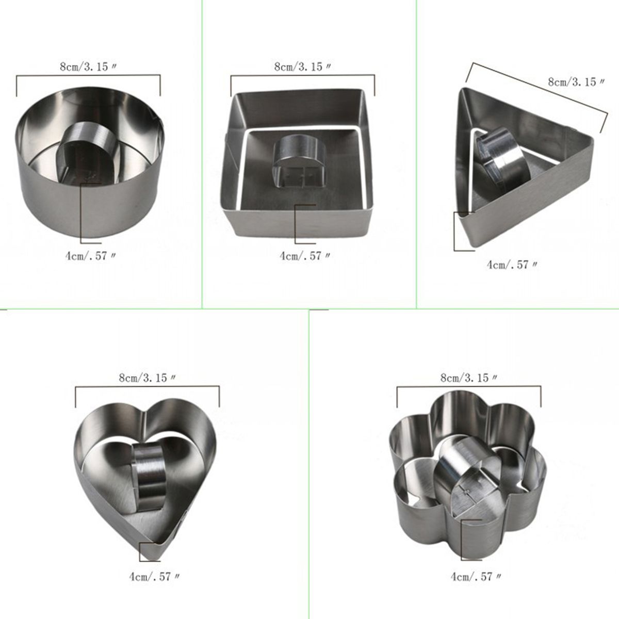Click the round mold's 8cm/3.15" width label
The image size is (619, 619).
click(x=88, y=67)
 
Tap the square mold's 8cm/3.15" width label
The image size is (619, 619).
click(x=303, y=67)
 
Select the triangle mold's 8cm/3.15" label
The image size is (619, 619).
click(x=577, y=82)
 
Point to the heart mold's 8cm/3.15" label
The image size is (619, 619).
click(x=148, y=378)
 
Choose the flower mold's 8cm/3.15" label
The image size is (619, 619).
click(x=469, y=378)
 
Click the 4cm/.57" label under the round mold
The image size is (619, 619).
click(x=91, y=256)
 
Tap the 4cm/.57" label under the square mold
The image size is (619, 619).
click(x=305, y=256)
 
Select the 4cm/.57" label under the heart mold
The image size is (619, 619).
click(x=155, y=567)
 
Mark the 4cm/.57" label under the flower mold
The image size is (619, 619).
click(x=476, y=567)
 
